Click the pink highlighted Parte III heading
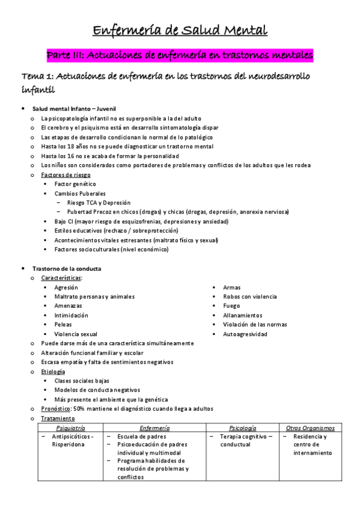click(180, 55)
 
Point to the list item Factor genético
click(75, 184)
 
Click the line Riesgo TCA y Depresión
click(99, 203)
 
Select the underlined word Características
click(61, 278)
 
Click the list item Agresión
click(66, 287)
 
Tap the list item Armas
click(231, 287)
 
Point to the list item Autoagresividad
click(245, 334)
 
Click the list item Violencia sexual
click(76, 334)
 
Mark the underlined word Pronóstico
click(55, 409)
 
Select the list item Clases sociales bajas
click(82, 381)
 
